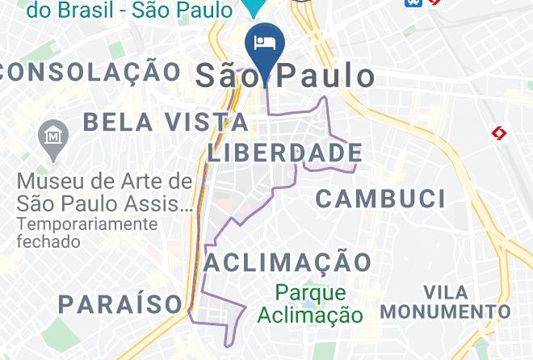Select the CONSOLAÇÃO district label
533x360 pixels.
point(90,71)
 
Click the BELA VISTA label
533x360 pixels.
point(166,123)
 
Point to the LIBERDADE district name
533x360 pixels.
point(284,153)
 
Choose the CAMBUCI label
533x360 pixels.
point(380,199)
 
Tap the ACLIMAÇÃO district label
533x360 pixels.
point(287,262)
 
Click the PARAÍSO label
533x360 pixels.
point(120,304)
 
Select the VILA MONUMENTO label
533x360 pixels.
point(445,301)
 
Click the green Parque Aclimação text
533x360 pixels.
point(309,303)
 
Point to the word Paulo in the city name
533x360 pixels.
point(326,75)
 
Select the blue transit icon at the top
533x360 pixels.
point(413,2)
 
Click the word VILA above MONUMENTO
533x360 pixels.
point(445,291)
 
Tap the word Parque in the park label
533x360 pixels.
point(309,293)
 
